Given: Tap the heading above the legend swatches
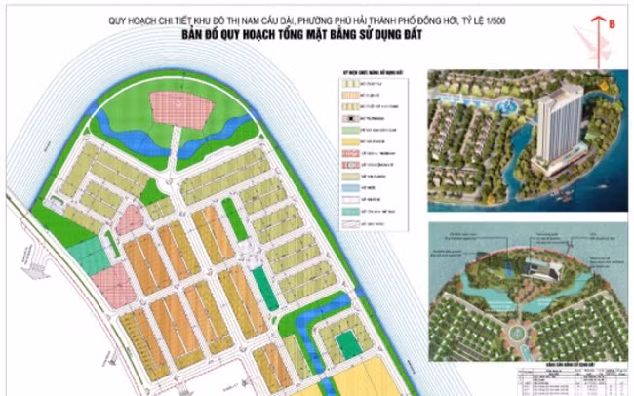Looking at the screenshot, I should pos(372,73).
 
